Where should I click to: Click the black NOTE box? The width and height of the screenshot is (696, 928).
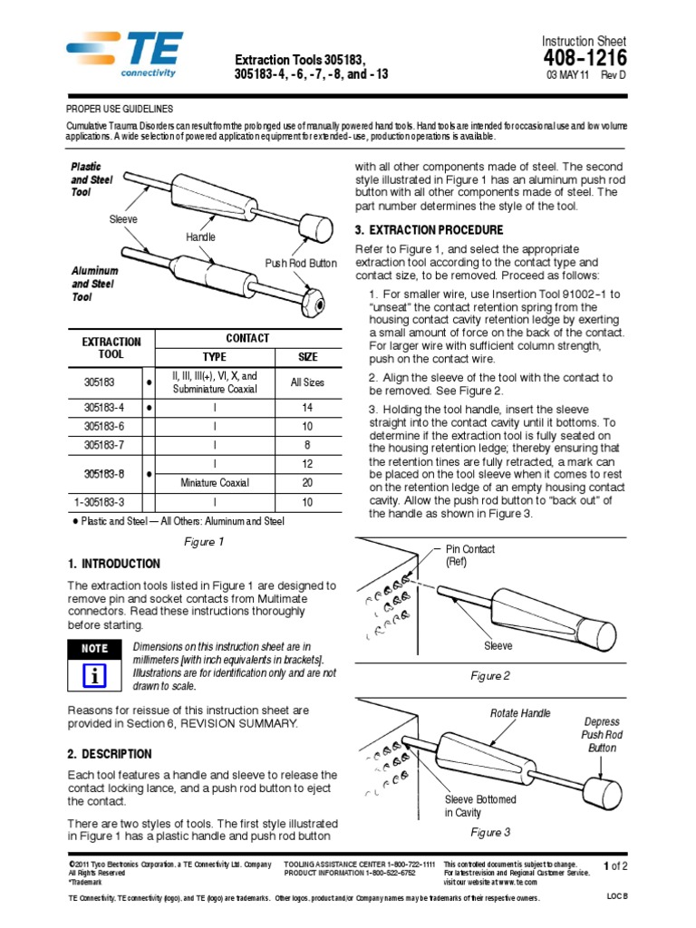(x=94, y=649)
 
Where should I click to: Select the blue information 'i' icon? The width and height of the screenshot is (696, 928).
(x=94, y=676)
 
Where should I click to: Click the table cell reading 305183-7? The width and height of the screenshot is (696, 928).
(x=104, y=445)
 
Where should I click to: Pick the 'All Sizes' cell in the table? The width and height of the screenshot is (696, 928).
(x=306, y=382)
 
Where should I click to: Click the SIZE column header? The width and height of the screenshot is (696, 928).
(x=306, y=357)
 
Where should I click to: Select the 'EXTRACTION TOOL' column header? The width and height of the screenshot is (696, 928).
(x=111, y=348)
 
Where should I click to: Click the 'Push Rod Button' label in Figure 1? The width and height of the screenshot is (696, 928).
(x=301, y=263)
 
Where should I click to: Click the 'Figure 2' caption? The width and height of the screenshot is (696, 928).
(x=490, y=676)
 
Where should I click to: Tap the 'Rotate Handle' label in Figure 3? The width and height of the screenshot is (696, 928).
(x=520, y=713)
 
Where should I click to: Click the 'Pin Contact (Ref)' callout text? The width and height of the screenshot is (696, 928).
(x=469, y=556)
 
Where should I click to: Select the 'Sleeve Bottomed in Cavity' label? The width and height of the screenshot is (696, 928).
(x=479, y=807)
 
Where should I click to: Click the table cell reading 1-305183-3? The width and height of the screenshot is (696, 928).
(x=104, y=502)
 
